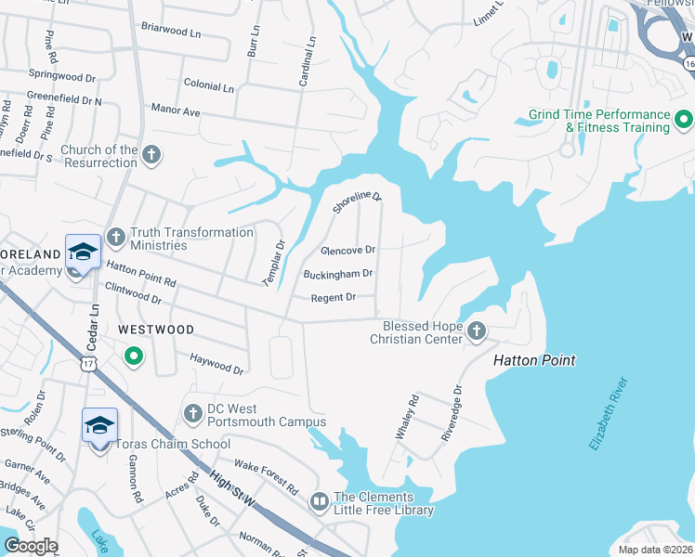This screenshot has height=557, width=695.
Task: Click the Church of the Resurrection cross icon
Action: pyautogui.click(x=151, y=156)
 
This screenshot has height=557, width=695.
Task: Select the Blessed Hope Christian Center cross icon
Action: pyautogui.click(x=476, y=331)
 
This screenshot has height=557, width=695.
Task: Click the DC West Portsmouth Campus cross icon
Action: pyautogui.click(x=192, y=410)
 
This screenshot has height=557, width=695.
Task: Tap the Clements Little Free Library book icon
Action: pyautogui.click(x=320, y=502)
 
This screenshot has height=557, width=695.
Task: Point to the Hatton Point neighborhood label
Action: pyautogui.click(x=533, y=360)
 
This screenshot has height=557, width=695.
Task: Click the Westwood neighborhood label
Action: pyautogui.click(x=156, y=330)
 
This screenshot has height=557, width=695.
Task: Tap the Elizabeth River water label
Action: pyautogui.click(x=609, y=414)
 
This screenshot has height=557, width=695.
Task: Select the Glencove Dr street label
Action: pyautogui.click(x=347, y=251)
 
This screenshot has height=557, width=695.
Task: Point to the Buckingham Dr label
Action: pyautogui.click(x=337, y=274)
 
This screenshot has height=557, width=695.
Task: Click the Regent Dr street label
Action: pyautogui.click(x=333, y=297)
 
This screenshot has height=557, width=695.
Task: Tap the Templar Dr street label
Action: pyautogui.click(x=273, y=261)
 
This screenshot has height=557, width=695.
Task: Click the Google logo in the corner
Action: pyautogui.click(x=32, y=546)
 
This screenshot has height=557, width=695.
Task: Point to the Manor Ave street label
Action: pyautogui.click(x=176, y=112)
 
